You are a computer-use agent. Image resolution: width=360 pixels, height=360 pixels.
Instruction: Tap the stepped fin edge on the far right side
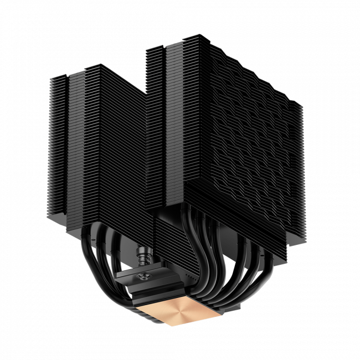pyautogui.click(x=299, y=166)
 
